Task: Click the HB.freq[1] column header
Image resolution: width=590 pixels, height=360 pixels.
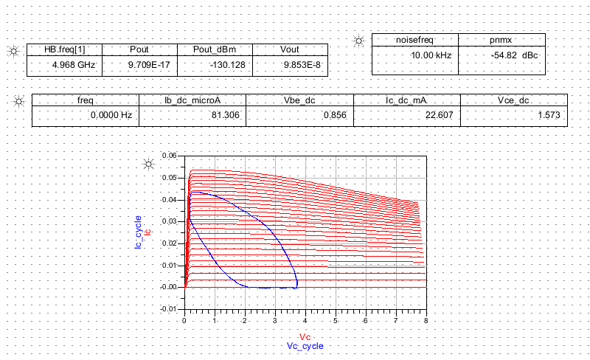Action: tap(65, 49)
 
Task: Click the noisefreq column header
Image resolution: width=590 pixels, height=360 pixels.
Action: tap(414, 41)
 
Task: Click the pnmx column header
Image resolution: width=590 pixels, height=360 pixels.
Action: tap(502, 41)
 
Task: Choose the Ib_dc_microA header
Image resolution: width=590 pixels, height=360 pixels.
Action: tap(192, 100)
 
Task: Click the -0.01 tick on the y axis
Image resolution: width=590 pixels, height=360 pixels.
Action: tap(170, 308)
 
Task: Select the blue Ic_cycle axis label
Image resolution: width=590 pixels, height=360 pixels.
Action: tap(139, 232)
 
